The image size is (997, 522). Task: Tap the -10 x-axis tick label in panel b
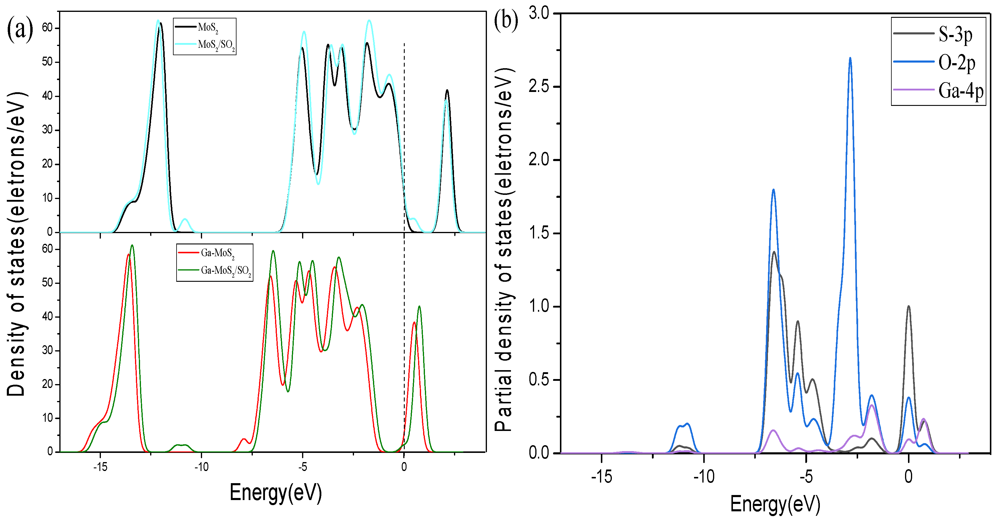click(703, 476)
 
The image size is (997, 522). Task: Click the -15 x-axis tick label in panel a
click(100, 467)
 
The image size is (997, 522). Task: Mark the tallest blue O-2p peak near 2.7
click(850, 59)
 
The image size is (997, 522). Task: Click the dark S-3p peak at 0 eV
click(908, 307)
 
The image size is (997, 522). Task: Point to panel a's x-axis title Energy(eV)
click(276, 493)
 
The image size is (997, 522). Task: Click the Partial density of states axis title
click(505, 250)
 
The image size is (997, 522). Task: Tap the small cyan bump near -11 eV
click(185, 220)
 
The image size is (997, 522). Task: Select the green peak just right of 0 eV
click(419, 307)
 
